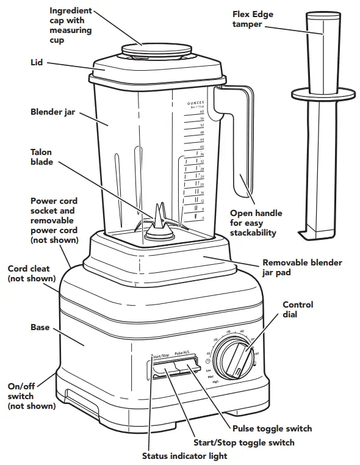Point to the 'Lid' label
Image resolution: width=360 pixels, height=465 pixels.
click(x=37, y=62)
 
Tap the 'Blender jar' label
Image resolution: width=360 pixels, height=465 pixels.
click(x=52, y=112)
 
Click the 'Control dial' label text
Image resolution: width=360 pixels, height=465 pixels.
click(x=298, y=309)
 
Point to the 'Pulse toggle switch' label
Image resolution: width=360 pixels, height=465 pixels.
click(x=272, y=428)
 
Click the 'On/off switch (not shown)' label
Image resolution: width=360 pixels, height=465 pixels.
click(x=31, y=395)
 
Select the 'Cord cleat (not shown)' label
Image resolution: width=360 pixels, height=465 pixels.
click(x=31, y=273)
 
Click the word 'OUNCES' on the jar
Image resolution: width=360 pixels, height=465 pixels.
click(x=195, y=103)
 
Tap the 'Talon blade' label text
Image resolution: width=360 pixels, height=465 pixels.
click(x=41, y=157)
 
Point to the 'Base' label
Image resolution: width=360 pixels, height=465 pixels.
click(x=40, y=328)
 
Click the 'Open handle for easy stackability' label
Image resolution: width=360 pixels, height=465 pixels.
click(x=256, y=223)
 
